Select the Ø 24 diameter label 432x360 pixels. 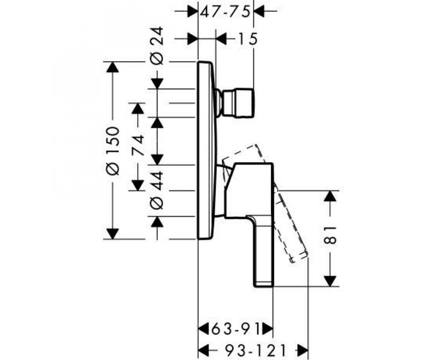pyautogui.click(x=157, y=46)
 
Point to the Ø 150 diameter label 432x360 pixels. pyautogui.click(x=113, y=152)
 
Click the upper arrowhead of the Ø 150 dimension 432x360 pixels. pyautogui.click(x=112, y=67)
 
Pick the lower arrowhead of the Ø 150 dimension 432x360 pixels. pyautogui.click(x=112, y=234)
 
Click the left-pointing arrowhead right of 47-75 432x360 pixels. pyautogui.click(x=259, y=11)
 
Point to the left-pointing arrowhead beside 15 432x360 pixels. pyautogui.click(x=221, y=39)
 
